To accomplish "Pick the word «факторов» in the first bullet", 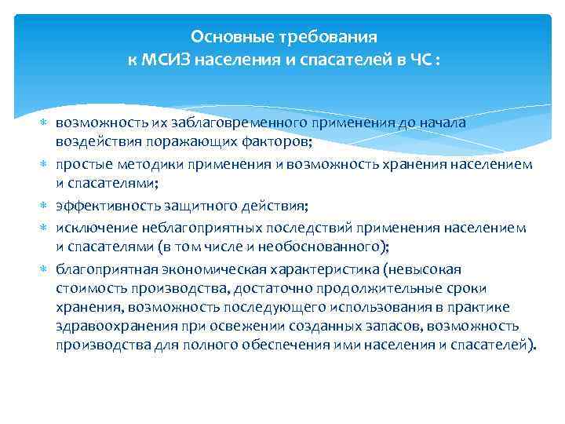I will click(246, 140).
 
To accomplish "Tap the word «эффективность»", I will click(107, 206).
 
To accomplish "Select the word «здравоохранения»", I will click(111, 325).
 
